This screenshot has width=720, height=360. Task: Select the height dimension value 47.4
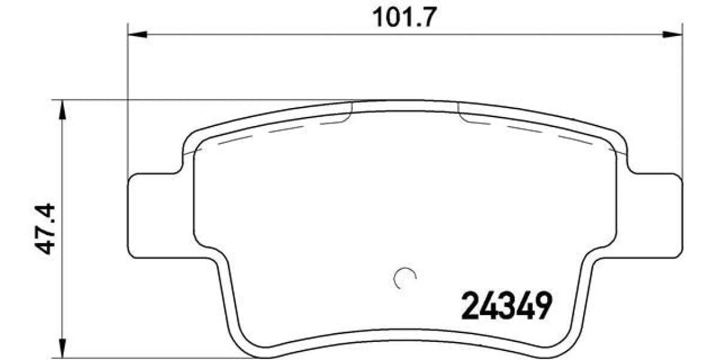click(x=43, y=229)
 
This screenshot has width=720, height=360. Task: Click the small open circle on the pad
click(x=404, y=277)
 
